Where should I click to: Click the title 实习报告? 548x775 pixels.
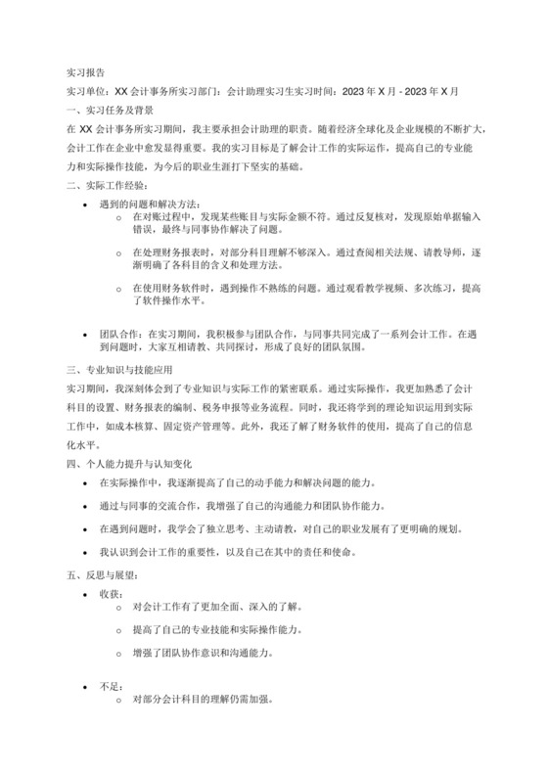tap(85, 72)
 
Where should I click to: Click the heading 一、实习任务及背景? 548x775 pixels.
tap(109, 110)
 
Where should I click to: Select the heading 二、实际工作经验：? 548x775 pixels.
tap(109, 184)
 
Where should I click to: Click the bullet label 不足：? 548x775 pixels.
tap(111, 686)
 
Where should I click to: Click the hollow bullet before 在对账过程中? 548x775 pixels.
tap(118, 216)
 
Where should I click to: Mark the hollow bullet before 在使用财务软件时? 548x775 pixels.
tap(118, 290)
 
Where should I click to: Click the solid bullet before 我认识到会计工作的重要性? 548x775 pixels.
tap(90, 552)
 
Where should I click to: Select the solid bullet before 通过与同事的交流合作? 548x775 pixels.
tap(90, 505)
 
